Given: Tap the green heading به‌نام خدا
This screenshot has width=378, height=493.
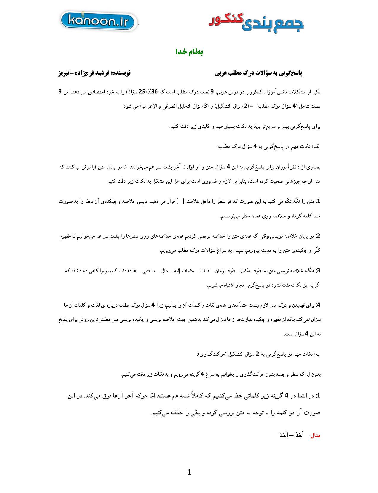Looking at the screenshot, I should point(189,52).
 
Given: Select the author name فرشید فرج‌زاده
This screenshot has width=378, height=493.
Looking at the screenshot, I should point(93,73).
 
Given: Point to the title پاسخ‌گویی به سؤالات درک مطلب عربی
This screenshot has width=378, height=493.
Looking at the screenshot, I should point(258,73).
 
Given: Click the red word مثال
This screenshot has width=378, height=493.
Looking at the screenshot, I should point(315,436).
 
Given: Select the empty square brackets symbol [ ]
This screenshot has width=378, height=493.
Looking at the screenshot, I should point(180,201).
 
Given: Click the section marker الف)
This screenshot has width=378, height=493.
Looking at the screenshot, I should point(316,147).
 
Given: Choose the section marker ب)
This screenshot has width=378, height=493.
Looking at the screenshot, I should point(318,354).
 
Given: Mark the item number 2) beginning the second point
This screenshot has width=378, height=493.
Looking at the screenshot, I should point(319,236).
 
